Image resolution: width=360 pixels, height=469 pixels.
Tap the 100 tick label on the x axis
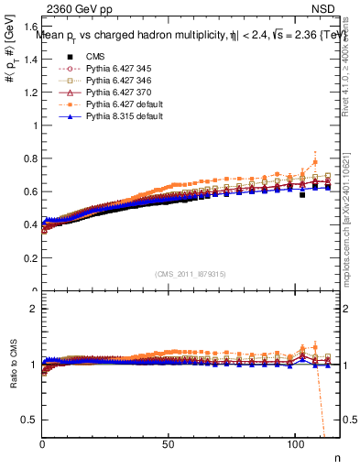(x=295, y=443)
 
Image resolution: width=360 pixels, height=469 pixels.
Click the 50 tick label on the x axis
(x=168, y=443)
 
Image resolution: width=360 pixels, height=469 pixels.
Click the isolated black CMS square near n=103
(x=302, y=194)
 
